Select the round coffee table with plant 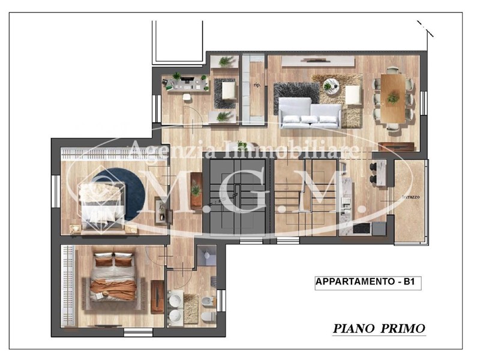point(330,87)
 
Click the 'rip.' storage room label point(257,85)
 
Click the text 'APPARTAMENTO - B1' point(368,283)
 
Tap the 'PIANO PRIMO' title point(379,328)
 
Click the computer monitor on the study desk point(186,79)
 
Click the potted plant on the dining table point(393,96)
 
